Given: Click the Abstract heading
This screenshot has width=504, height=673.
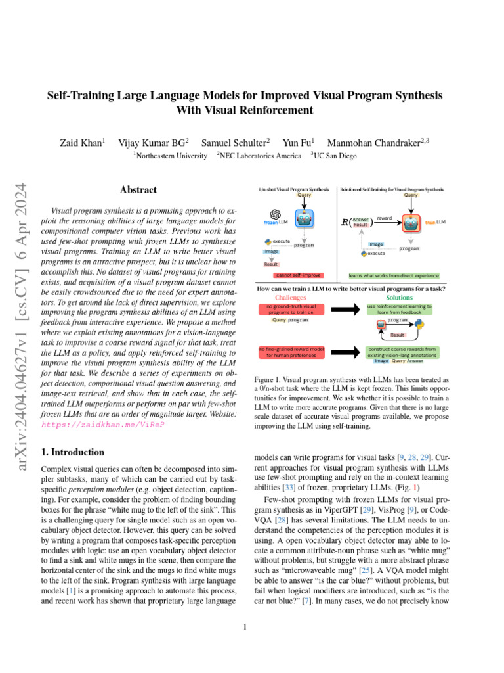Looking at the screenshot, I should [x=138, y=190].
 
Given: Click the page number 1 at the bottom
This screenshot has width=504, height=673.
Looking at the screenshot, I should [x=245, y=626].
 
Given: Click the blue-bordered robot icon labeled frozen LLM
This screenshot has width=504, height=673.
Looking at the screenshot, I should [x=304, y=220].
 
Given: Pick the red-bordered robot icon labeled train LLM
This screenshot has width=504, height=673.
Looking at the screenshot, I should [x=411, y=223].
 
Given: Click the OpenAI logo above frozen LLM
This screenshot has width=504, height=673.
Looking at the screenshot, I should [x=275, y=214].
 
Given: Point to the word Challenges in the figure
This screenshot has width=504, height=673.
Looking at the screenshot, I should [x=290, y=298].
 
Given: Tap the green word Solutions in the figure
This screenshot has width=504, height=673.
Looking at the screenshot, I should [x=399, y=298].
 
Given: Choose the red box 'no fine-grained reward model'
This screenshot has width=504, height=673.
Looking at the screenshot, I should [x=291, y=352].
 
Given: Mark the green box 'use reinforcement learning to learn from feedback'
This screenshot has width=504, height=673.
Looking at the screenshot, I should [x=399, y=310].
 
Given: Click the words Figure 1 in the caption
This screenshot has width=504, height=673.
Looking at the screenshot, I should [x=266, y=380].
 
